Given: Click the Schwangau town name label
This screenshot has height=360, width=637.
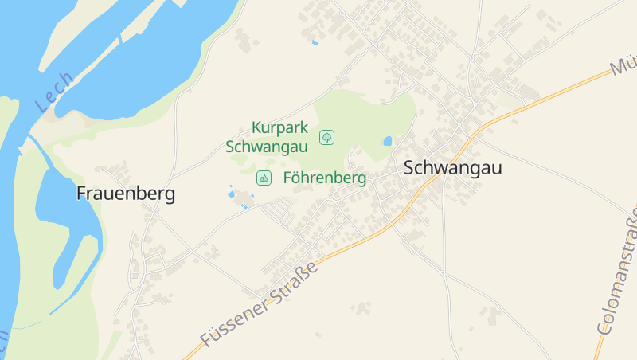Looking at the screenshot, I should [442, 168].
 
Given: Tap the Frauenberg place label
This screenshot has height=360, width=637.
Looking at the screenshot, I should [126, 194].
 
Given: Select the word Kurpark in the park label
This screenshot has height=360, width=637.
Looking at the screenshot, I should [279, 127].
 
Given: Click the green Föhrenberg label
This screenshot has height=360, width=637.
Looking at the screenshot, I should [325, 178].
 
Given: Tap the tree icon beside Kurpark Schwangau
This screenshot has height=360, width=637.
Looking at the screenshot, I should [326, 137].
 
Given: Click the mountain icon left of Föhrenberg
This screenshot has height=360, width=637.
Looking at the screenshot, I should [264, 178].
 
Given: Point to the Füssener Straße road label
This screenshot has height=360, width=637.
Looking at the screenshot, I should [260, 303].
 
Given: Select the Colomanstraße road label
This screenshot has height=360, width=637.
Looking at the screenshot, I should [619, 272].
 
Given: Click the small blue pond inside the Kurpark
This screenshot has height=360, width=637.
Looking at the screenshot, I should [388, 141].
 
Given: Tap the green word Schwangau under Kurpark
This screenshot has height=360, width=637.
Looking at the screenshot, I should [267, 147].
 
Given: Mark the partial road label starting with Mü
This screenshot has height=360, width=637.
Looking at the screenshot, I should [623, 66].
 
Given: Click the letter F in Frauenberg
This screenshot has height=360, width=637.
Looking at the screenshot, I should [81, 194].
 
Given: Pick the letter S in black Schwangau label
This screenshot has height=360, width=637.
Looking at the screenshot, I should [409, 168].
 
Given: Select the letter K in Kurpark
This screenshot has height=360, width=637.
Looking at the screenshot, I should [256, 127].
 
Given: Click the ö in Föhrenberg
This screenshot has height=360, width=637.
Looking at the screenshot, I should [298, 178].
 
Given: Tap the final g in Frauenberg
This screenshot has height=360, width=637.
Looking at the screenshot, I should [170, 195].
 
